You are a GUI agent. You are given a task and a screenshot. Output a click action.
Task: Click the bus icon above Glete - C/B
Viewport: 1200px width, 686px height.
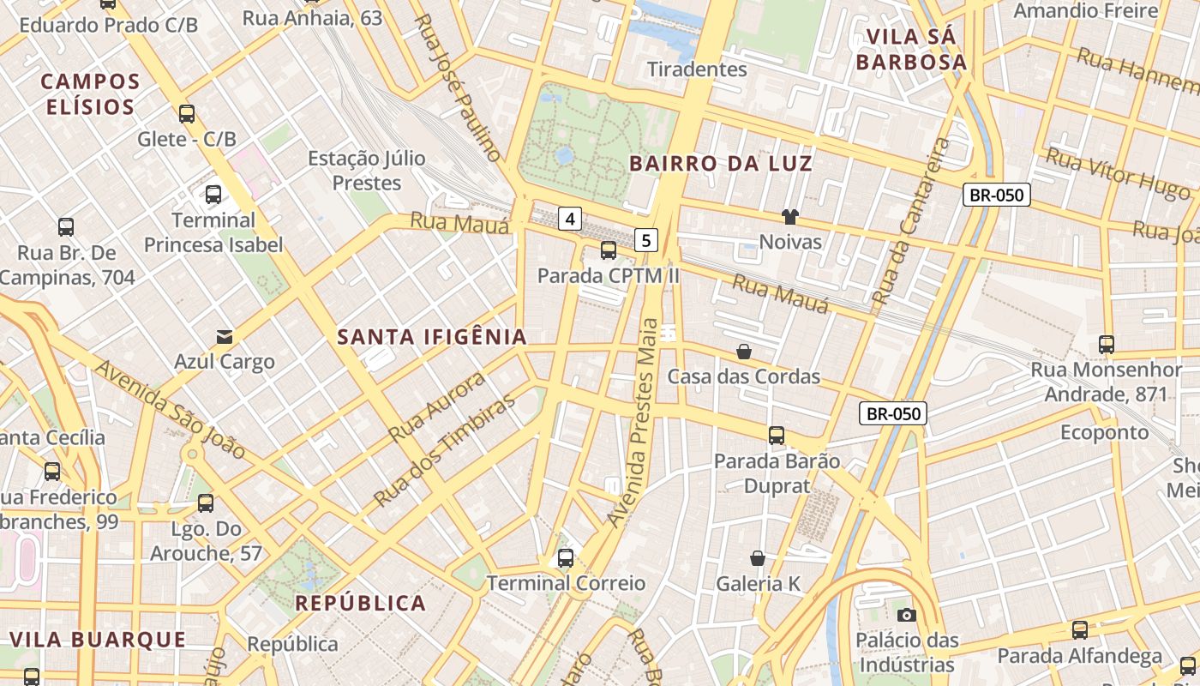pos(186,113)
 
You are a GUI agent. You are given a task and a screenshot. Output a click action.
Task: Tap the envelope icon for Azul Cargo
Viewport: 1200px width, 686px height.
pos(225,336)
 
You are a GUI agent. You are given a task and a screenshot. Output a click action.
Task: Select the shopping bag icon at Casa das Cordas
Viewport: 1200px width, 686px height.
pos(744,352)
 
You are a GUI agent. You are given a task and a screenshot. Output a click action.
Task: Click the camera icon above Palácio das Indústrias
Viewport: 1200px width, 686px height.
pos(906,615)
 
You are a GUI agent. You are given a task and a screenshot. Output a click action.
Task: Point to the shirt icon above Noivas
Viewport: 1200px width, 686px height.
pos(789,217)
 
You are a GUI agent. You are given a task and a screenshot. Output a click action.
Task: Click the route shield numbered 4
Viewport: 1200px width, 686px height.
pos(570,219)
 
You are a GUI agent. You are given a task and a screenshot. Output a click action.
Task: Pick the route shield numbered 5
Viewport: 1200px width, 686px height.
pos(646,240)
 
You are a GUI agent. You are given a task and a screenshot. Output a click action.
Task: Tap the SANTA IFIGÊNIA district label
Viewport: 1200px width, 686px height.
pos(432,337)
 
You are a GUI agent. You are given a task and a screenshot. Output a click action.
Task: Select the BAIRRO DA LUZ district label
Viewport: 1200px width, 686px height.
pos(720,163)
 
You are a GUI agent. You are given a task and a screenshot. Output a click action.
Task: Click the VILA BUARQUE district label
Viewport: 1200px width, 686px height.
pos(98,640)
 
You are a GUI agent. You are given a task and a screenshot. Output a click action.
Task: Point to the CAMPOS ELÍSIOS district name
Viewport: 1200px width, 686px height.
pos(90,94)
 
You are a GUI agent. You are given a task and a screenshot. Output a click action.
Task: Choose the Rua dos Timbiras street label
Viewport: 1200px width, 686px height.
pos(445,449)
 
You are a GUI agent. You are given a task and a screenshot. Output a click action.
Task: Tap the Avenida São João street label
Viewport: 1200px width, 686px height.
pos(170,409)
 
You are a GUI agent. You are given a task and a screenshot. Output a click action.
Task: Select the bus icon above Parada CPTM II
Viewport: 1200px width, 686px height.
pos(608,250)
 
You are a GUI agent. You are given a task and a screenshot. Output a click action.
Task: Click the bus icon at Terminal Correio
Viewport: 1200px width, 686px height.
pos(565,558)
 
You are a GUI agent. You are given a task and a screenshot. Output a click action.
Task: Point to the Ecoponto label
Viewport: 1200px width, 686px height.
pos(1104,432)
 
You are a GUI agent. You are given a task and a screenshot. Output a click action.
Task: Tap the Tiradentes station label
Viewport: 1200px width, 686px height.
pos(697,69)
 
